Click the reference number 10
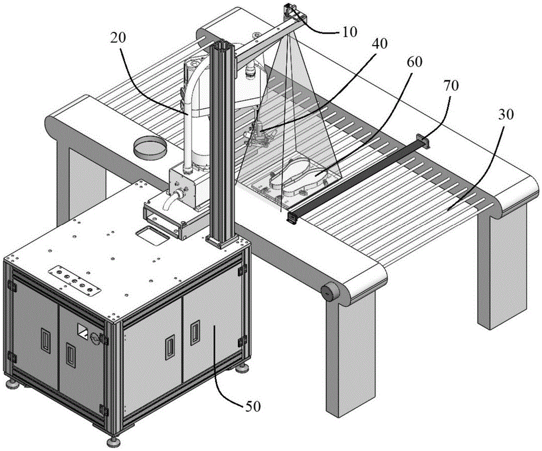(x=350, y=31)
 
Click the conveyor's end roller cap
(x=328, y=292)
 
